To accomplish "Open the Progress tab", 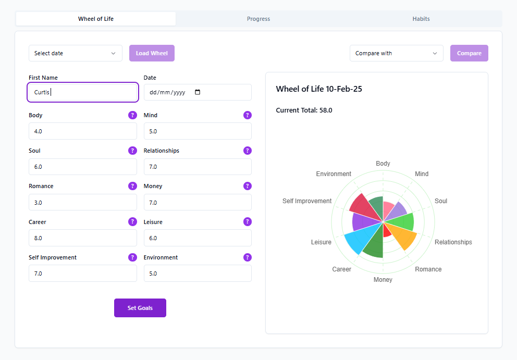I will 258,19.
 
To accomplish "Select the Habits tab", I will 421,19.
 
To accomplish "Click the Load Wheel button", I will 152,53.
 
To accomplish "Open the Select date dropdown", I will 75,53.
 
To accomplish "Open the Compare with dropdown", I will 396,53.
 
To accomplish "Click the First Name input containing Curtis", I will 83,92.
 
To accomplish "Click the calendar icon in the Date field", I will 197,92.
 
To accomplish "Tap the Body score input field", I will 83,131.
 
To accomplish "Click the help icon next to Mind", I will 248,115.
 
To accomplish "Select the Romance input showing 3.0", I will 83,202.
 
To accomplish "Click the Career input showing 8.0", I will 83,238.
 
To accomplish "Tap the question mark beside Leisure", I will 248,222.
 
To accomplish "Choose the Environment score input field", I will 198,274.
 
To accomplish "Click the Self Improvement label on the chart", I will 307,201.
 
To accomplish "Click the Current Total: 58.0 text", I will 304,110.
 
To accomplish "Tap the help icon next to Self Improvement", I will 132,257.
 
